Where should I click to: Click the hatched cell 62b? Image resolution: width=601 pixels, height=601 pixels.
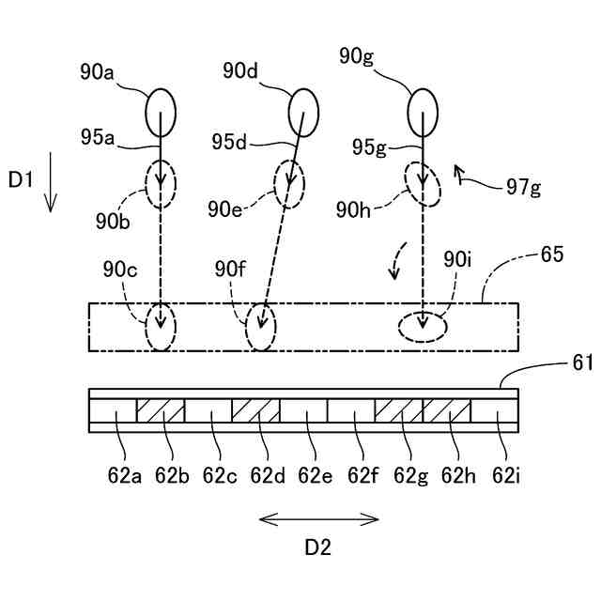click(161, 411)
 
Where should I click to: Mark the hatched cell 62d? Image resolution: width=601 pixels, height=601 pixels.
click(255, 411)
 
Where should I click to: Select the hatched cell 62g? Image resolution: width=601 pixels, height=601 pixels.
click(398, 411)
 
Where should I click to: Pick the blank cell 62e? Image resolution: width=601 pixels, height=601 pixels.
click(303, 411)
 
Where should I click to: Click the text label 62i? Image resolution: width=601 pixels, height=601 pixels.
click(506, 476)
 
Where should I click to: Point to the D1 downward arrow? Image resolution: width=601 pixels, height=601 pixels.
click(50, 182)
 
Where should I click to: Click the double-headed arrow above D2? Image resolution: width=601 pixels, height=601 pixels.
click(319, 519)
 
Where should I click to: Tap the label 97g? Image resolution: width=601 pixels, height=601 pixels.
click(524, 188)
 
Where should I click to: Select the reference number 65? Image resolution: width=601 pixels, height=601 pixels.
click(552, 254)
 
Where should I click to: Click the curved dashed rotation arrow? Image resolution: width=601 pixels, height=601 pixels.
click(397, 259)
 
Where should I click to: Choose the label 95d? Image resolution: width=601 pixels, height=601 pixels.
click(229, 142)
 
